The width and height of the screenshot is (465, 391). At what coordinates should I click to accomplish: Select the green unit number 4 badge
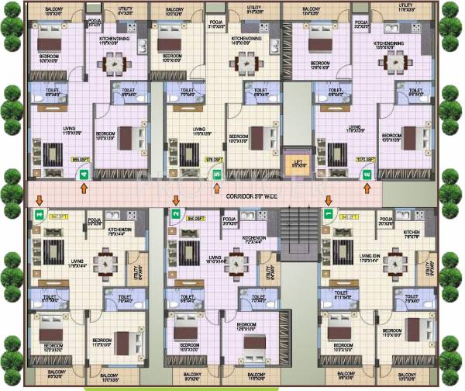(x=84, y=176)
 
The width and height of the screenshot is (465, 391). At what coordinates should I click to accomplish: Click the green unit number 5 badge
(x=216, y=175)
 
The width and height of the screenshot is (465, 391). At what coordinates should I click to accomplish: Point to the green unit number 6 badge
(x=367, y=175)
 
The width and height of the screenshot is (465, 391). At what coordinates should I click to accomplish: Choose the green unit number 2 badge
(x=176, y=213)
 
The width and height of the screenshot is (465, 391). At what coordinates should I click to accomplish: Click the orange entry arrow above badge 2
(x=176, y=200)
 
